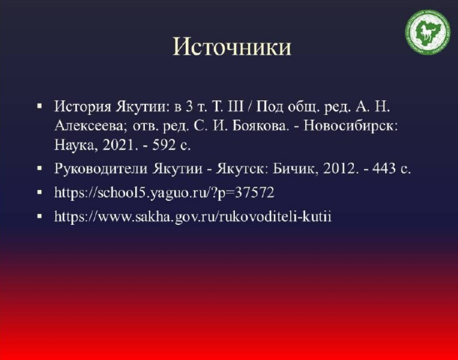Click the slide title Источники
click(232, 47)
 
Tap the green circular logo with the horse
click(427, 32)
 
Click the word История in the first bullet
click(83, 107)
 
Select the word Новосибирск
click(351, 126)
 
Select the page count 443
click(384, 168)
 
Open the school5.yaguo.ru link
click(165, 193)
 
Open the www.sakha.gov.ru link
click(193, 217)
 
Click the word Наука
click(75, 145)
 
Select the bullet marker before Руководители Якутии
click(40, 168)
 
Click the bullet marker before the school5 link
click(40, 192)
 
